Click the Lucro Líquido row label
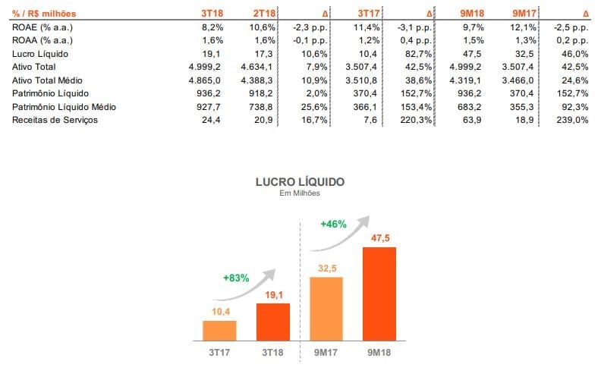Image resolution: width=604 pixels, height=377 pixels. (x=36, y=55)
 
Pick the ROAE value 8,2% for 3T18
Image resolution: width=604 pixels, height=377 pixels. (x=213, y=27)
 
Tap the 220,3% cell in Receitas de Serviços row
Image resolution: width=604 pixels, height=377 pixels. (x=418, y=120)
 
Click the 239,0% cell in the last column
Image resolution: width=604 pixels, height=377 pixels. (x=573, y=120)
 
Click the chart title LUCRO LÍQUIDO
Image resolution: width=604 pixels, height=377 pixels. (x=300, y=182)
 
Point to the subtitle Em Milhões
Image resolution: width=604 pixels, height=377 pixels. (x=300, y=193)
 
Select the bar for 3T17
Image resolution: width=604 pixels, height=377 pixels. (x=219, y=331)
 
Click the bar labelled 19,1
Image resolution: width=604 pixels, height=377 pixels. (x=272, y=322)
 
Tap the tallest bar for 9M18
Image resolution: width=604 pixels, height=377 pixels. (x=379, y=294)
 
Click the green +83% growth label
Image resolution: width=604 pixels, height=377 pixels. (x=236, y=278)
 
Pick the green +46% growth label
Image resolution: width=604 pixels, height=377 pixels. (x=333, y=225)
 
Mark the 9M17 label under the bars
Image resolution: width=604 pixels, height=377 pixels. (x=326, y=353)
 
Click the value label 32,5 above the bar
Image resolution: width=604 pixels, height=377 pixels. (x=326, y=268)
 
